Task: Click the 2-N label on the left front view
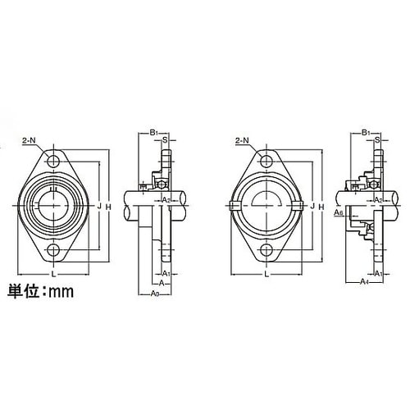click(x=30, y=141)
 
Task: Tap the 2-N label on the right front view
click(x=243, y=141)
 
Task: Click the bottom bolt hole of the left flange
click(x=55, y=250)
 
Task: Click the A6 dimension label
click(x=339, y=212)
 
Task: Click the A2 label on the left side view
click(x=164, y=199)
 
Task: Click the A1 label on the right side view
click(x=378, y=271)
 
